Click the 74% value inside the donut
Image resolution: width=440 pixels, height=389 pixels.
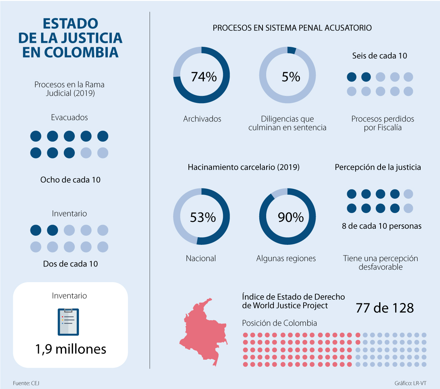[203, 77]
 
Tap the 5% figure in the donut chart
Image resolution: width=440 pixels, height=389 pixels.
[290, 77]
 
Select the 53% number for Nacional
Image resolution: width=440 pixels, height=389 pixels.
[202, 217]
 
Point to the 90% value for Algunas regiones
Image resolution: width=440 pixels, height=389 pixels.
[290, 217]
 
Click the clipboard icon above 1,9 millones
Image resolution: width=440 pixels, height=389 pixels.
[69, 322]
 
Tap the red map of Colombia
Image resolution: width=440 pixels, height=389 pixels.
[204, 331]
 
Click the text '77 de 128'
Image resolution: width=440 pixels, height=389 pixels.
[385, 308]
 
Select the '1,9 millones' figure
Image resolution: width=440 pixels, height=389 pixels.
[70, 349]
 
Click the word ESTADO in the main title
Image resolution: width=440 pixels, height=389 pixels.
[70, 24]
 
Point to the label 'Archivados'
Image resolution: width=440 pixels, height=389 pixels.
[202, 119]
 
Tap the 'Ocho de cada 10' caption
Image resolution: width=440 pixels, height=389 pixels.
[70, 180]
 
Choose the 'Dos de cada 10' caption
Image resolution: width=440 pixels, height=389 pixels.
[70, 264]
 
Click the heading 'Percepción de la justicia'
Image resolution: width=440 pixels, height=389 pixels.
[378, 167]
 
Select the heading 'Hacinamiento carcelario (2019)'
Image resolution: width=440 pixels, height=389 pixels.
[243, 167]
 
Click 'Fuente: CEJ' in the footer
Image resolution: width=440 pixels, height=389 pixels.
[26, 383]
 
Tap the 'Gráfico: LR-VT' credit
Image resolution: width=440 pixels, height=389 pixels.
[410, 383]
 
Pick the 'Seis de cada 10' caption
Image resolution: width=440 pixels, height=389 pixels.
[379, 56]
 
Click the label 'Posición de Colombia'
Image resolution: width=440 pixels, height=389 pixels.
[279, 323]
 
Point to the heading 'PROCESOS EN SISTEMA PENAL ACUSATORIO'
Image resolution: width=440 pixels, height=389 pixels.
[292, 28]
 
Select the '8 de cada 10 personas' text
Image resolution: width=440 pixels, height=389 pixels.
[382, 226]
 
